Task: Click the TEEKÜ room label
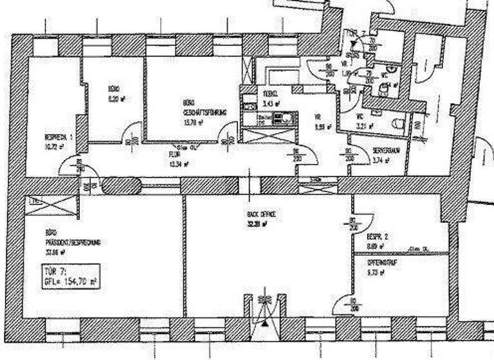269,94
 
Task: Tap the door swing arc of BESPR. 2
366,206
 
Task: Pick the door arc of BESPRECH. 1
69,168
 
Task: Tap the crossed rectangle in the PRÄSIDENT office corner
51,209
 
